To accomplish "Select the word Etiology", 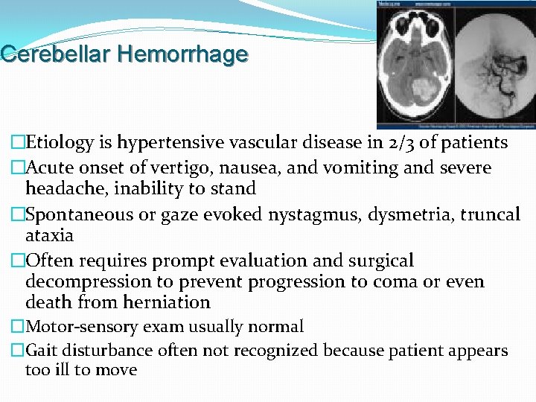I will [x=56, y=142].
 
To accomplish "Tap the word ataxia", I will [x=49, y=236].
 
